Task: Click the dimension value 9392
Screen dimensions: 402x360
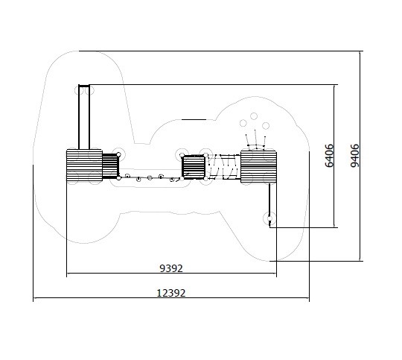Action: pyautogui.click(x=171, y=268)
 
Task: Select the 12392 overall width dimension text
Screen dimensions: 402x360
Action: pyautogui.click(x=170, y=293)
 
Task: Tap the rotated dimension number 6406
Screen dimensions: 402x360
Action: pyautogui.click(x=329, y=156)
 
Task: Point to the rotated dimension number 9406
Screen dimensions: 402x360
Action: pyautogui.click(x=355, y=156)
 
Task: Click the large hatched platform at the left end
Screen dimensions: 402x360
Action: pyautogui.click(x=84, y=165)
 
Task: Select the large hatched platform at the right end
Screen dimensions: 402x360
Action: pyautogui.click(x=258, y=167)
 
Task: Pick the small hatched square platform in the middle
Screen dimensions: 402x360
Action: pyautogui.click(x=194, y=168)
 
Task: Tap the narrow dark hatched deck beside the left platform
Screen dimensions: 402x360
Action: pyautogui.click(x=111, y=166)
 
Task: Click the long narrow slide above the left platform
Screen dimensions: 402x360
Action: pyautogui.click(x=84, y=117)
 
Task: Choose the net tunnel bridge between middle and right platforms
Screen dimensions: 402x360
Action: pyautogui.click(x=223, y=167)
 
